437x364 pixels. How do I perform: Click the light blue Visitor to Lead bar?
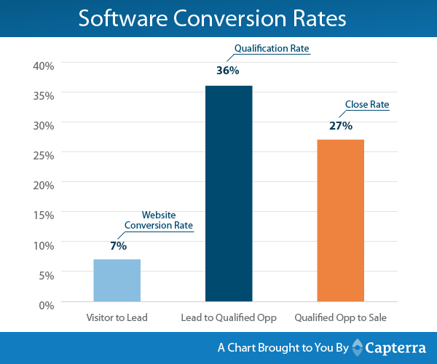tap(117, 280)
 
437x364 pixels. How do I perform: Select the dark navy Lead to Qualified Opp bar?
tap(228, 194)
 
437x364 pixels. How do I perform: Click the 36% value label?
tap(228, 71)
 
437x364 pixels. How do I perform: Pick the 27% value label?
tap(340, 126)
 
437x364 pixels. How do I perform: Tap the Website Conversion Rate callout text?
tap(158, 221)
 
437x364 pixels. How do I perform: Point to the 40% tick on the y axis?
tap(44, 66)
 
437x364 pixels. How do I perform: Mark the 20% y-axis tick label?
tap(44, 185)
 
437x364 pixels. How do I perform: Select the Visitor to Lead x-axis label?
tap(117, 318)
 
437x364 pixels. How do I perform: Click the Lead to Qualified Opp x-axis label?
tap(228, 318)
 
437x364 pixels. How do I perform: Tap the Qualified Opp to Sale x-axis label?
tap(340, 318)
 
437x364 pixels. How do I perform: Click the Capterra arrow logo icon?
tap(358, 347)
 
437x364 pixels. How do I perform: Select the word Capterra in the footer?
tap(393, 347)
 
